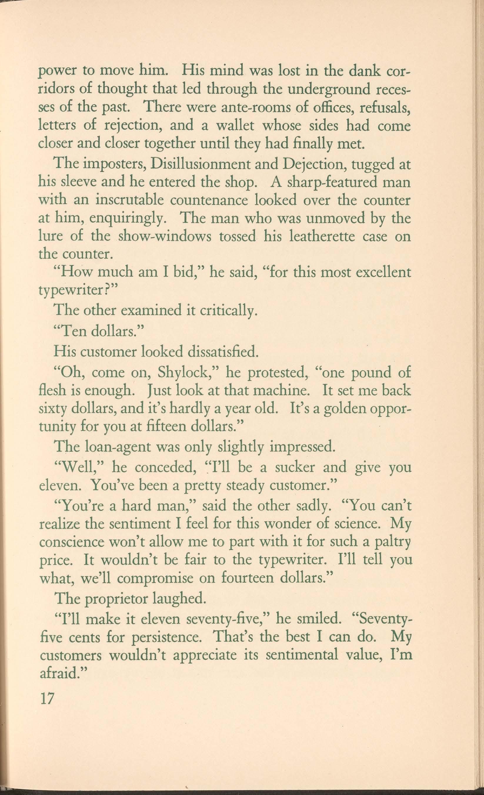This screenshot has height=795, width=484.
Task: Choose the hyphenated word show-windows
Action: [x=165, y=237]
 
